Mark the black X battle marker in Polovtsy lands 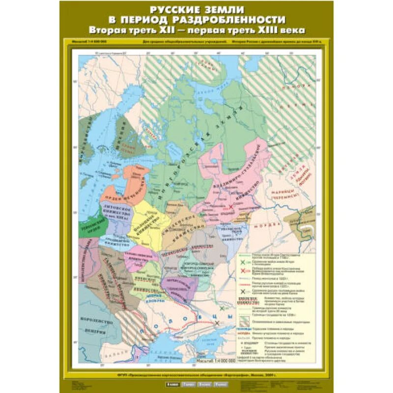coord(217,323)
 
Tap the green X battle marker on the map coord(223,308)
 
